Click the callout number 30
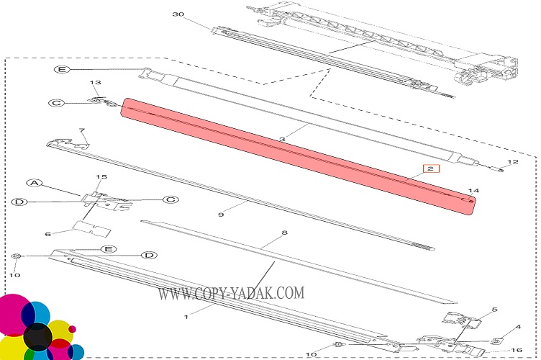pos(178,14)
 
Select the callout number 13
pos(95,82)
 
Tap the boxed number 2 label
pos(431,168)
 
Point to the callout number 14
pos(473,190)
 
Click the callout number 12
pos(513,161)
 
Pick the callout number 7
pos(82,130)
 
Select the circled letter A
pos(35,183)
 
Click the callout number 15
pos(101,176)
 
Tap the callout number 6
pos(48,234)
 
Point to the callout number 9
pos(221,215)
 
